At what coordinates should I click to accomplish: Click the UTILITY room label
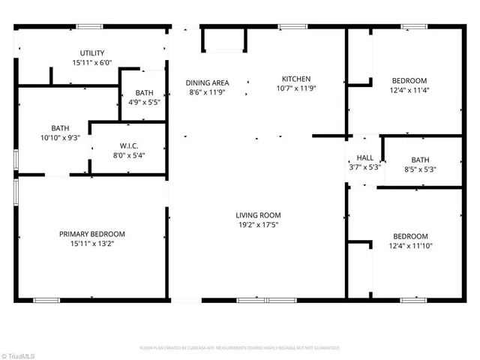(92, 53)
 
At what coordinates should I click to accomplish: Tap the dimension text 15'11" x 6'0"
(92, 63)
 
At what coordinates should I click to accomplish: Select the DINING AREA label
(208, 82)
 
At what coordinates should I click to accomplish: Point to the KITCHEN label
(295, 79)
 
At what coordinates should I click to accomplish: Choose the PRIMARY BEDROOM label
(91, 234)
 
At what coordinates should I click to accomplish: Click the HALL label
(365, 158)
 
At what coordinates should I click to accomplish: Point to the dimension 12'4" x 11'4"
(409, 90)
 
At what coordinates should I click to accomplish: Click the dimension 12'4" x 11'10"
(410, 246)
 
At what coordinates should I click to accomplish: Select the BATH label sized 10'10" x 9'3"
(60, 128)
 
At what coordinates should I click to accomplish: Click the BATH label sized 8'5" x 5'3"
(420, 160)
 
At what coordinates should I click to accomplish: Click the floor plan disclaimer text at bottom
(240, 348)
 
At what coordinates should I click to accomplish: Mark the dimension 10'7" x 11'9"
(295, 88)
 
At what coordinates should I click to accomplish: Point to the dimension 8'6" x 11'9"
(208, 92)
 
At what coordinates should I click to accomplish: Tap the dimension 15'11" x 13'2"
(91, 244)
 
